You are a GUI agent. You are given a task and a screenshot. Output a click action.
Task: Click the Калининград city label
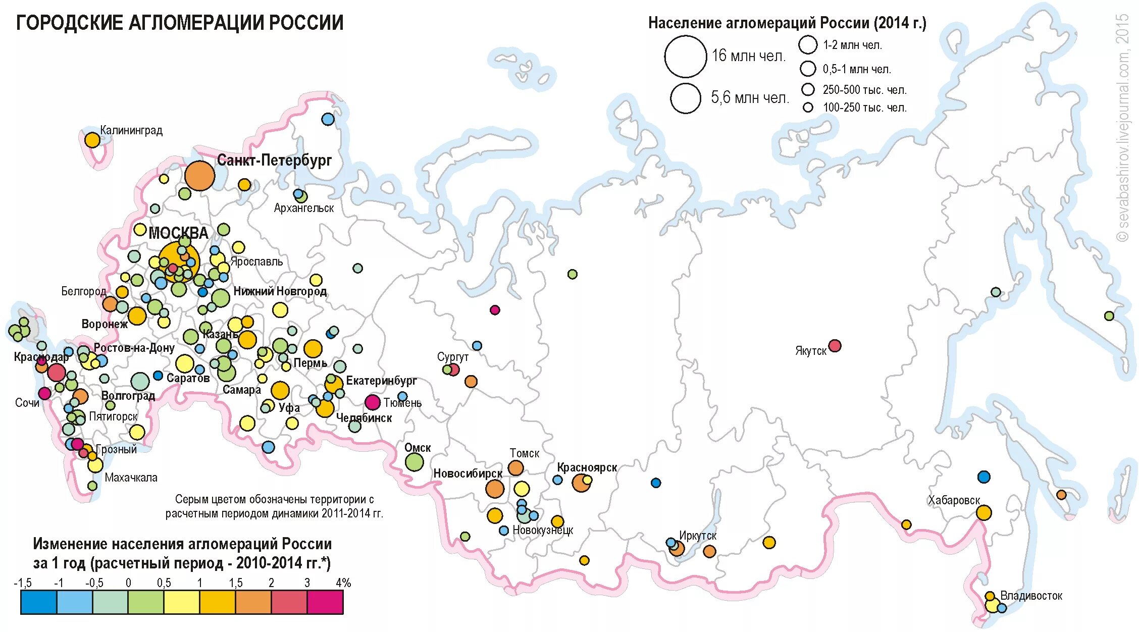131,131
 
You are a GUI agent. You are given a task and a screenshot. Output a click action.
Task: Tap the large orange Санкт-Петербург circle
199,176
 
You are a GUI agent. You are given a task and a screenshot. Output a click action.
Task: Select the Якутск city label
810,351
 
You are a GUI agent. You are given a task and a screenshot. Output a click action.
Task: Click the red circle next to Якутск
835,346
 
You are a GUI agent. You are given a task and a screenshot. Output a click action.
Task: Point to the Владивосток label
1031,596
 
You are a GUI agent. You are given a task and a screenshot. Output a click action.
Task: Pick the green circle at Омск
414,461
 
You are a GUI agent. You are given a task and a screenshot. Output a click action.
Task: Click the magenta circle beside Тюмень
373,402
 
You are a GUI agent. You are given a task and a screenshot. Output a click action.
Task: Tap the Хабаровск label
954,500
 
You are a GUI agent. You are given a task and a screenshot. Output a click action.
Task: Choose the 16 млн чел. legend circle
685,56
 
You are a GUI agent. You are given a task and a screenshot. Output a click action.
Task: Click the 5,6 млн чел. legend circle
686,98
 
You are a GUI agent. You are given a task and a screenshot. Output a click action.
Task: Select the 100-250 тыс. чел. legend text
864,108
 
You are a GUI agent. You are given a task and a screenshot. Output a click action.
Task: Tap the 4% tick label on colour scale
343,583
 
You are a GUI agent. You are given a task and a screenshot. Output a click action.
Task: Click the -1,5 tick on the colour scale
23,583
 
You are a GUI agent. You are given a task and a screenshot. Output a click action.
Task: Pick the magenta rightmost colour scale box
325,602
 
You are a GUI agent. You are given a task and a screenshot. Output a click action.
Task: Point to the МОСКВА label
178,233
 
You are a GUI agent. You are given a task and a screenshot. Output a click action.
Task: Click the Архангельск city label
304,208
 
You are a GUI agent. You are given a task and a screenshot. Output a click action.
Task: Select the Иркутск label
697,536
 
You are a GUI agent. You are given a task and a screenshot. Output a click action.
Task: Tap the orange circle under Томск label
515,468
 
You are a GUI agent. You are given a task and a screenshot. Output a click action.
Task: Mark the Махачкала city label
131,478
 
